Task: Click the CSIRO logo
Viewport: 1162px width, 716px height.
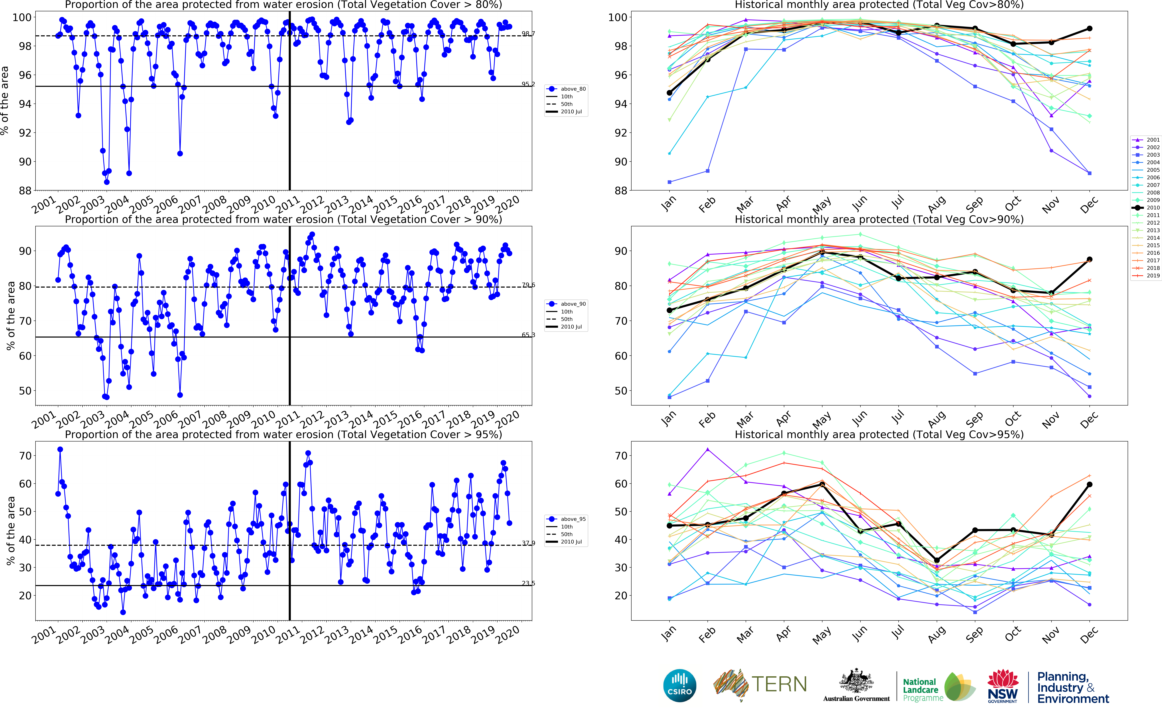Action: point(680,686)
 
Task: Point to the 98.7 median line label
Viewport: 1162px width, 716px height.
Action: point(528,34)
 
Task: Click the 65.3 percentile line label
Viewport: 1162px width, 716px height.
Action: point(528,335)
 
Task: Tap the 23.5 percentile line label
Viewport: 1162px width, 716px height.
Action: point(528,583)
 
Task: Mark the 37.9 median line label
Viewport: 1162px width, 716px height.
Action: point(528,543)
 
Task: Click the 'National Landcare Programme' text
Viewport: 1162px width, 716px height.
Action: point(922,689)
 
